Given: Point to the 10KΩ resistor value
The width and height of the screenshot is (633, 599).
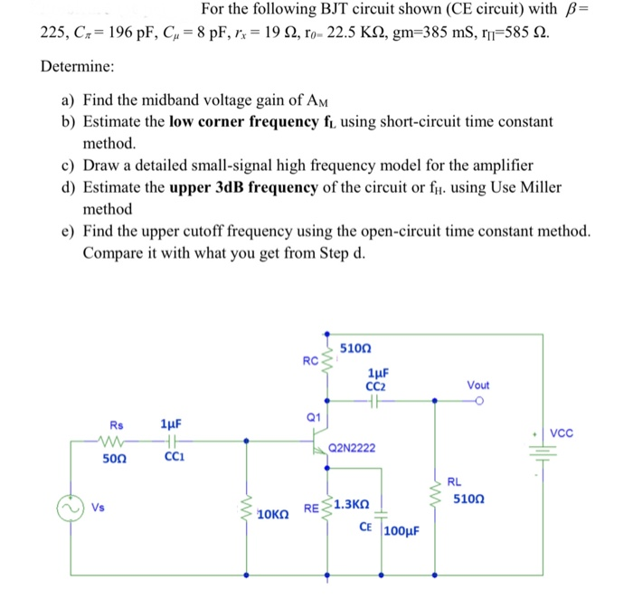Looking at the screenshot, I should pos(274,516).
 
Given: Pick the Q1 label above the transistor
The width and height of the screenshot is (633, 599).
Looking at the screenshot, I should pos(314,417).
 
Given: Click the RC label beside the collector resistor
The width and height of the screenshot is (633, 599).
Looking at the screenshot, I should pos(310,362).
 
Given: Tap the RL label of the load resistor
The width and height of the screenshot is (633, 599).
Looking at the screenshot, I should pos(454,482).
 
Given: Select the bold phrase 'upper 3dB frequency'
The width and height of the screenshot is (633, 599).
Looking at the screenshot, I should pos(243,187).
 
